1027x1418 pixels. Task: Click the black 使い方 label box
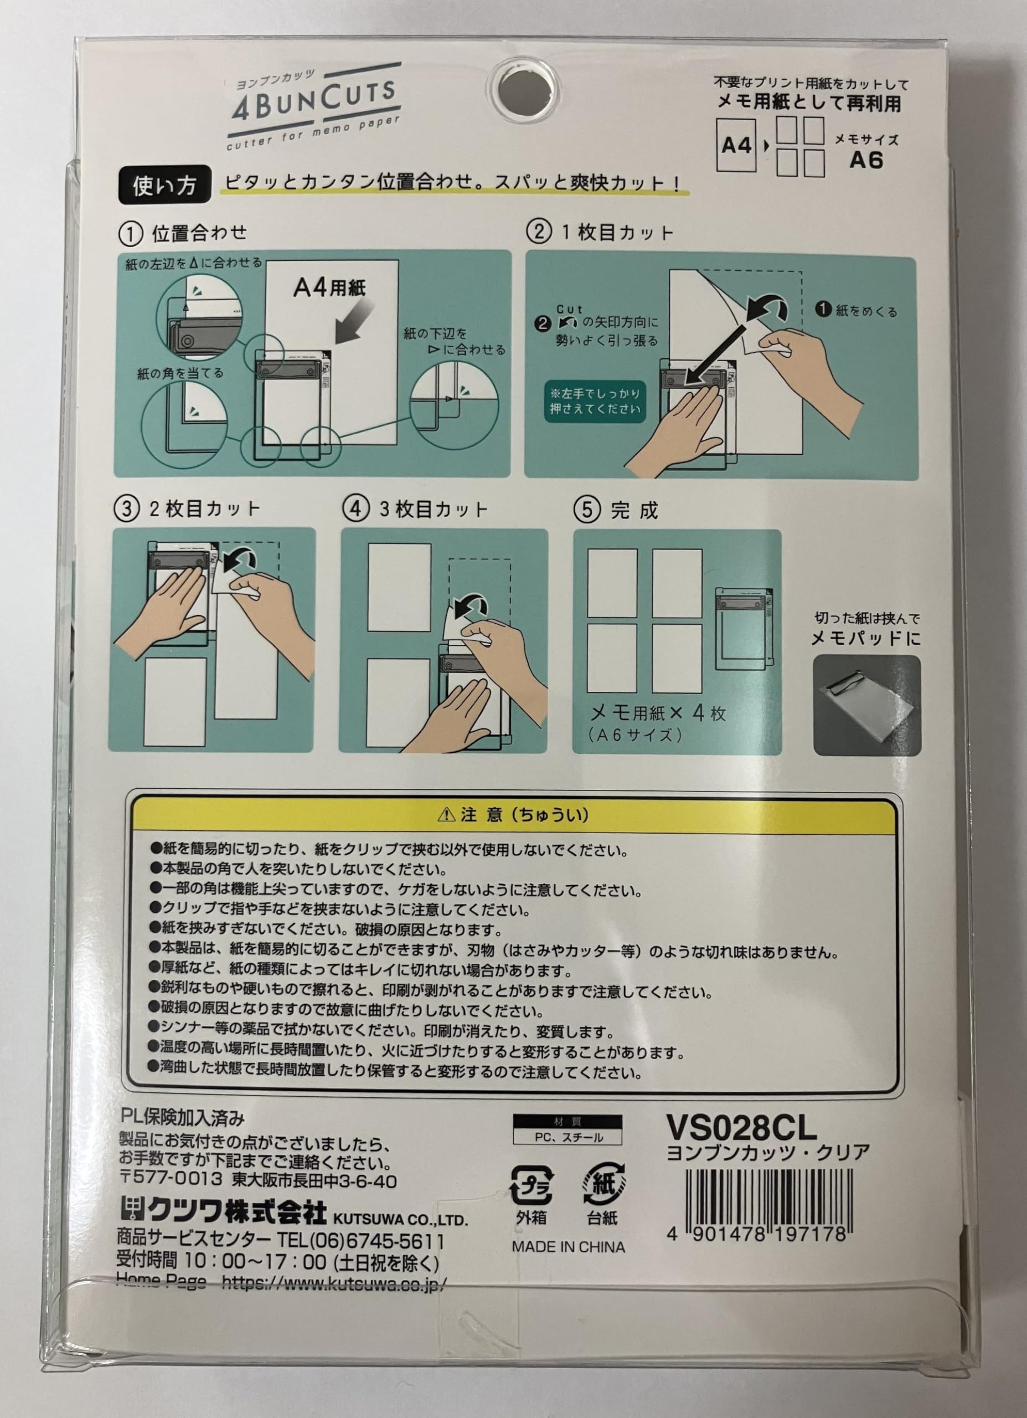[164, 185]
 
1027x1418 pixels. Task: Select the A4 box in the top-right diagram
[736, 146]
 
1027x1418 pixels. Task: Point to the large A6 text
[866, 160]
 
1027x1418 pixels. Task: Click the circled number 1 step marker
[130, 234]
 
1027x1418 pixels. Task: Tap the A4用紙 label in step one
[329, 287]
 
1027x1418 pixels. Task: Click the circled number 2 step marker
[538, 232]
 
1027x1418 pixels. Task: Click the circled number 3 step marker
[126, 508]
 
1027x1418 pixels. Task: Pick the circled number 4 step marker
[355, 508]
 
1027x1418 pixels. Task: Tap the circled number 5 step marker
[586, 510]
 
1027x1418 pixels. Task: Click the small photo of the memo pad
[866, 705]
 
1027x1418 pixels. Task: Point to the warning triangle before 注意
[446, 815]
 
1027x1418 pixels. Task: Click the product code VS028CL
[741, 1127]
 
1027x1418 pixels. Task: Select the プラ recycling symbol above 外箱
[531, 1185]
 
